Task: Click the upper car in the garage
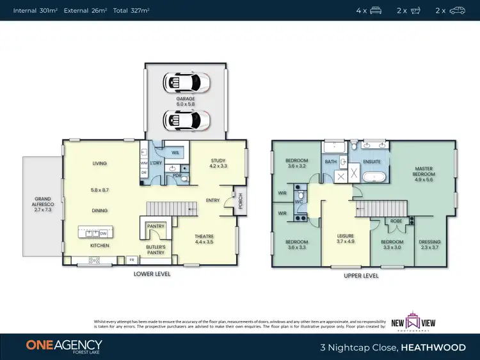(186, 82)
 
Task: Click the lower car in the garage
(186, 120)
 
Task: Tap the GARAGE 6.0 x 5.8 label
(186, 102)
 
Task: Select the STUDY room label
(218, 163)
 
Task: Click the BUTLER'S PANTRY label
(156, 249)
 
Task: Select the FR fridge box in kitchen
(132, 260)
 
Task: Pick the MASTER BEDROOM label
(424, 174)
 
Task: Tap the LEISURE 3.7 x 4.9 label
(346, 239)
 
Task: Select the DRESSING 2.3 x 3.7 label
(429, 244)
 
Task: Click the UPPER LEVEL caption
(362, 276)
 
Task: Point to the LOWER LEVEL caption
(152, 274)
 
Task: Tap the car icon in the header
(457, 10)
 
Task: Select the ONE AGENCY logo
(64, 346)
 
